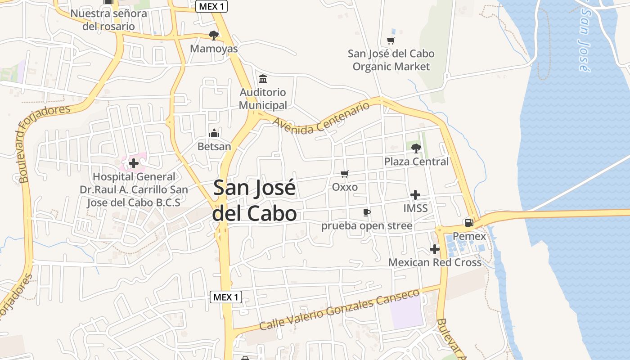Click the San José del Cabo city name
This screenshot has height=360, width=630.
coord(255,201)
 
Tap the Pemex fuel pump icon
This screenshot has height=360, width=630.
coord(469,222)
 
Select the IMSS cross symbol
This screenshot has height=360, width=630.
coord(415,195)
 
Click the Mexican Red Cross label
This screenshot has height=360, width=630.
coord(435,262)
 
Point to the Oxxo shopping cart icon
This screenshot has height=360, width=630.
coord(345,174)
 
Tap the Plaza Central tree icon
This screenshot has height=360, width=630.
coord(416,148)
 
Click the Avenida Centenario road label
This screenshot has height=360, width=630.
coord(321,118)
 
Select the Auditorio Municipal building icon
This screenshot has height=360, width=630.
coord(262,79)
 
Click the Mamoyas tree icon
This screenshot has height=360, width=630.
coord(214,35)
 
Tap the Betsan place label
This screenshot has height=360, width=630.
coord(214,146)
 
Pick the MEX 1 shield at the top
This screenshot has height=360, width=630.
coord(211,6)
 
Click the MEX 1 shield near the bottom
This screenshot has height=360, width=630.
coord(226,297)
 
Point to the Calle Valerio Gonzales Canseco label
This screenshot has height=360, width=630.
coord(339,310)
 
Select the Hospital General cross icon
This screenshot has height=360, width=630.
coord(134,163)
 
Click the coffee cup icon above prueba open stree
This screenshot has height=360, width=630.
coord(367,212)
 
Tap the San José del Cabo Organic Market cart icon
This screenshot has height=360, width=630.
coord(391,41)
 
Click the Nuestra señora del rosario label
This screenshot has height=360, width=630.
coord(108,20)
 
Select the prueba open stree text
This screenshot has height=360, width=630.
coord(367,225)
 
